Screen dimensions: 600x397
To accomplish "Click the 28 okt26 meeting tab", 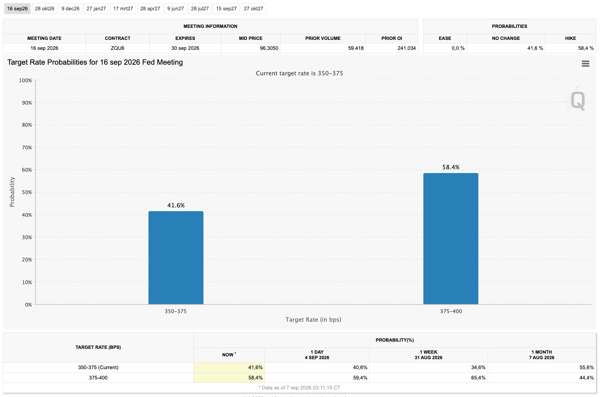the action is [45, 9].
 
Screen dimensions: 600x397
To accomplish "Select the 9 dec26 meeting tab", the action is [70, 9].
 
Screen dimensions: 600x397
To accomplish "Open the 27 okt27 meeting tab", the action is [254, 9].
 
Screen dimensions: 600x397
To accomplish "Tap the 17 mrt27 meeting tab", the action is [123, 9].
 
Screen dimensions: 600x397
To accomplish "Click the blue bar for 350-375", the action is [176, 258].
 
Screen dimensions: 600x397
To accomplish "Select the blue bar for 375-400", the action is [451, 239].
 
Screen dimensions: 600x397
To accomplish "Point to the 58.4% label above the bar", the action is [451, 167].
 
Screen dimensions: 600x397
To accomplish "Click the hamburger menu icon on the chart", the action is [586, 64].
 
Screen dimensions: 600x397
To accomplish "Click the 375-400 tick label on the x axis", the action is [451, 311].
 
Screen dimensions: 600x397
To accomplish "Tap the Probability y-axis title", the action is [12, 192].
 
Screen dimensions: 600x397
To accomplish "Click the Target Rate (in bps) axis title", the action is [313, 320].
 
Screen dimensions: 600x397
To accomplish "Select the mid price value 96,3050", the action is [269, 48].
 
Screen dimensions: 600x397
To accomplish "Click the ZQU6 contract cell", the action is [118, 48].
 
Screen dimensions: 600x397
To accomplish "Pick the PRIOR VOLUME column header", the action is [323, 38].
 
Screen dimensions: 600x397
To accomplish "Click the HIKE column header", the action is [570, 38].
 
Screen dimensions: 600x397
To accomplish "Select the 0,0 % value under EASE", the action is [458, 48].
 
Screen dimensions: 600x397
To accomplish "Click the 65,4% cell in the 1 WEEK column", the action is [478, 378].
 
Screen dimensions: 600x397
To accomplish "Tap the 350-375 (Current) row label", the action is [98, 367].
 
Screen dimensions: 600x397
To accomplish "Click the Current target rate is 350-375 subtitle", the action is [300, 73].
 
